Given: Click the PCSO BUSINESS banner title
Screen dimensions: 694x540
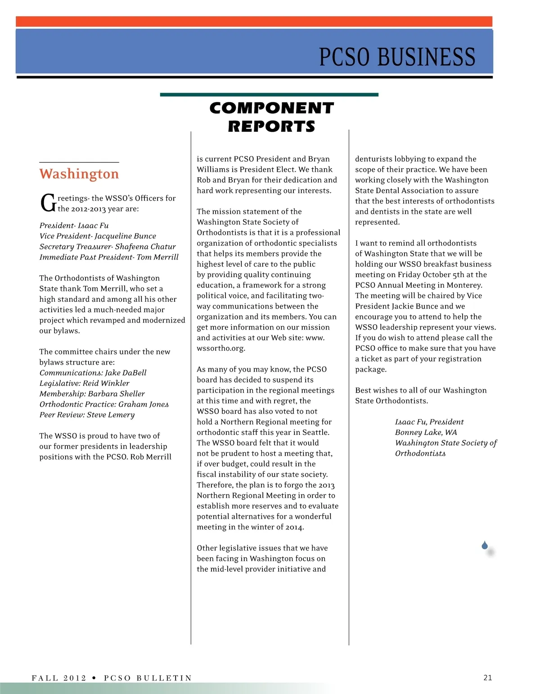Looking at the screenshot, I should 397,57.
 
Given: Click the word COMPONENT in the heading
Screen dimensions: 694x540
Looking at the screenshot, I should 271,108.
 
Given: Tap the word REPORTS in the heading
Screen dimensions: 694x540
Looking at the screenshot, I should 271,127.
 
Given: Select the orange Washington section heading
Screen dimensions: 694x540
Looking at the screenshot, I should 79,174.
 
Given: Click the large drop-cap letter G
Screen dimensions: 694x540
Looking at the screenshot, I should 48,203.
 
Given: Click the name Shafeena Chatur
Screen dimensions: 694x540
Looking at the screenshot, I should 145,246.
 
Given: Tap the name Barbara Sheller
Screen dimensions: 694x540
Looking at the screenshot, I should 117,394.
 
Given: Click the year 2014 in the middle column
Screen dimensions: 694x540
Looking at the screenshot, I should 294,527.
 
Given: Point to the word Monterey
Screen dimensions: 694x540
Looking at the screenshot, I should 464,285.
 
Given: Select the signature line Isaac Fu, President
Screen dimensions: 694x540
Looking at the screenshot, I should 429,422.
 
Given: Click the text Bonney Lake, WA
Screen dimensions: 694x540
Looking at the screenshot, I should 426,432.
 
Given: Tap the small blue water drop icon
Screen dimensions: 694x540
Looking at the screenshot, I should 485,546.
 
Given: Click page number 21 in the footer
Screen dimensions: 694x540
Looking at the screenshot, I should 488,678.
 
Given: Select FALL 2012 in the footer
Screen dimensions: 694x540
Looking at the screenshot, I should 59,678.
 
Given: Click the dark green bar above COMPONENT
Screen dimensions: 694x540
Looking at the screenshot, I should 269,95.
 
